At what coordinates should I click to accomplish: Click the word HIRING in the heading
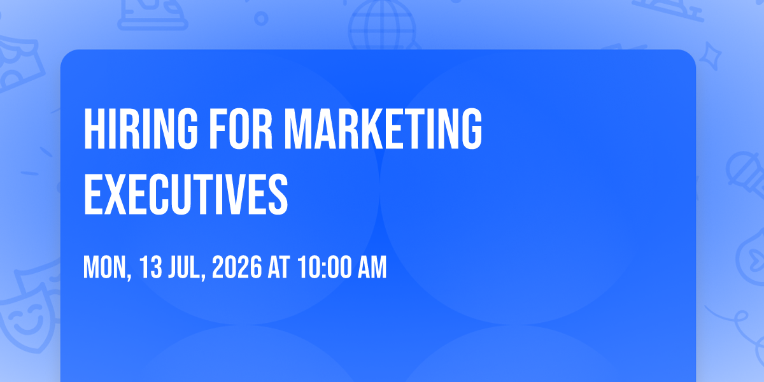pyautogui.click(x=141, y=129)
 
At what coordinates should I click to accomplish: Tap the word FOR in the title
pyautogui.click(x=241, y=129)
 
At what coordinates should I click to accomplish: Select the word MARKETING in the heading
pyautogui.click(x=383, y=129)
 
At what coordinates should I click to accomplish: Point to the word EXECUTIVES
pyautogui.click(x=186, y=194)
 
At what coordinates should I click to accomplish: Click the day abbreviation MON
pyautogui.click(x=107, y=268)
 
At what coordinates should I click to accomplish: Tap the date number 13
pyautogui.click(x=150, y=267)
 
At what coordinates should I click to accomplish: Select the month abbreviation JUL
pyautogui.click(x=187, y=268)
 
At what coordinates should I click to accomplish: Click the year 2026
pyautogui.click(x=237, y=267)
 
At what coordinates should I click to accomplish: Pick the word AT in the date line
pyautogui.click(x=279, y=267)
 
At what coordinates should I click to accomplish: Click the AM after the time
pyautogui.click(x=372, y=267)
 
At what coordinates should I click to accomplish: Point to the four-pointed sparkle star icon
pyautogui.click(x=710, y=56)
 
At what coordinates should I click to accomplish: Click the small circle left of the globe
pyautogui.click(x=261, y=18)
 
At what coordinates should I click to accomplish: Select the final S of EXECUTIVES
pyautogui.click(x=278, y=194)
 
